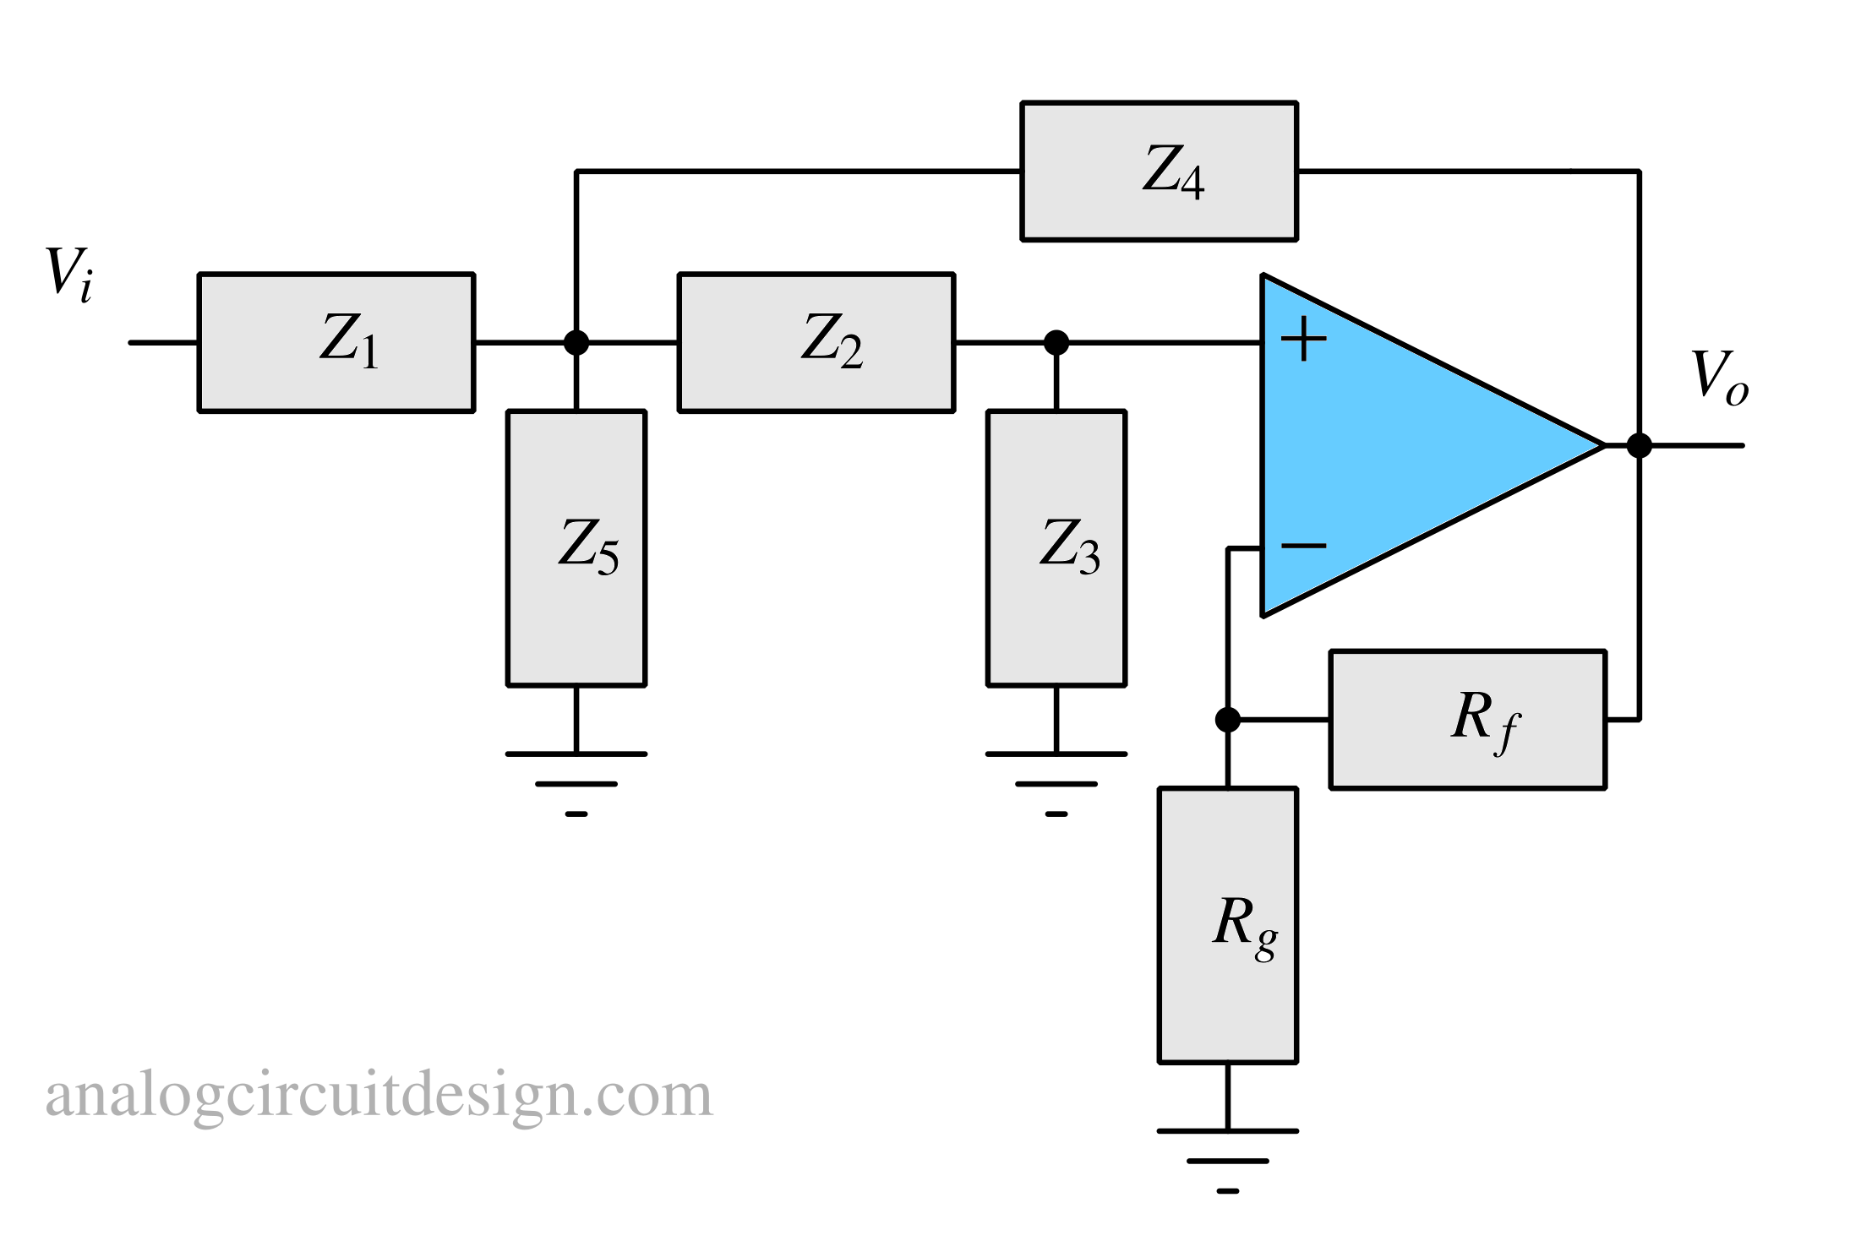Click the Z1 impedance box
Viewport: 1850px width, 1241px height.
[336, 342]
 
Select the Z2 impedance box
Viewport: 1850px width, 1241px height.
[816, 342]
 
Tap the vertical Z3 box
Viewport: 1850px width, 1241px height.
[1056, 548]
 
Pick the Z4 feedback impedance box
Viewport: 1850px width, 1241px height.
[1159, 171]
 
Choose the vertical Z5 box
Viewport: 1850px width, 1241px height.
[576, 548]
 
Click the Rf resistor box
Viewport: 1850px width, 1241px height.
[1468, 720]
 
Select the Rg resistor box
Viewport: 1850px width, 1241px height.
[1228, 925]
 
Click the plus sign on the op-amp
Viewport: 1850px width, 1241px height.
[1304, 340]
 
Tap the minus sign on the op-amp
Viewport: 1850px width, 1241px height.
[1304, 546]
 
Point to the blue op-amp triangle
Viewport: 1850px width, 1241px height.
[1394, 445]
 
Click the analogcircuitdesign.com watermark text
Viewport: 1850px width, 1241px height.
[379, 1097]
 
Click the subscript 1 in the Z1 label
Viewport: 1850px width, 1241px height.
[369, 354]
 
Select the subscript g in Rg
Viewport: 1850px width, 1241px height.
[1265, 942]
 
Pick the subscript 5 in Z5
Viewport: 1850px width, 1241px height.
[608, 560]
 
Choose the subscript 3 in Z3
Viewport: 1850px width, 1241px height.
[1089, 560]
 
